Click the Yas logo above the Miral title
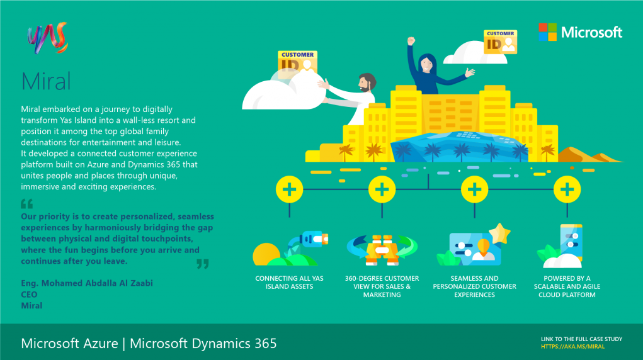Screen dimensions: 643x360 48,38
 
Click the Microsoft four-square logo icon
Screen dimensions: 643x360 547,32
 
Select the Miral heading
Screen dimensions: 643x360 46,81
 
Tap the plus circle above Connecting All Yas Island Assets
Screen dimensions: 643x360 290,189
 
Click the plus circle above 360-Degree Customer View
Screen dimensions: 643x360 382,189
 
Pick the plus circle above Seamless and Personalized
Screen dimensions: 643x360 474,189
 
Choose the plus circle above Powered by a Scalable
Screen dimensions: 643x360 567,189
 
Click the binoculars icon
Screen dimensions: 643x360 382,250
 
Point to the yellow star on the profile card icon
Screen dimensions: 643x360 499,233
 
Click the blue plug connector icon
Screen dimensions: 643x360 314,239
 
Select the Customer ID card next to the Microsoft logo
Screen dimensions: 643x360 500,42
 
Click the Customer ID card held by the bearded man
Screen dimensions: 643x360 297,64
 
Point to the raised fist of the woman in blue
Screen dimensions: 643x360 411,40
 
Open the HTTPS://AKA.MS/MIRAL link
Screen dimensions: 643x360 572,347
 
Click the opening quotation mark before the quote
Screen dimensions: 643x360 26,203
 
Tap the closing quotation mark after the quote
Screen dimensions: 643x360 203,264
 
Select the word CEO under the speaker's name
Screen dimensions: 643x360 29,295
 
